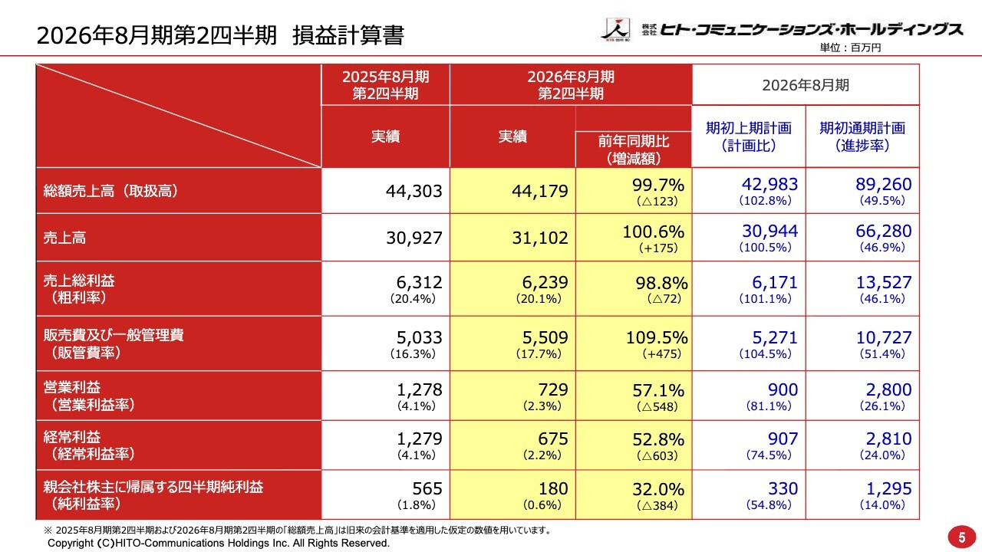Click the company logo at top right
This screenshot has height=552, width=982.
tap(781, 29)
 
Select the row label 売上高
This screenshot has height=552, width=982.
tap(65, 238)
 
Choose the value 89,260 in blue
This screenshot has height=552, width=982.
tap(883, 184)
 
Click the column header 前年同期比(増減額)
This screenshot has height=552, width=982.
tap(634, 149)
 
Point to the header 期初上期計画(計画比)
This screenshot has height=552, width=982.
tap(748, 136)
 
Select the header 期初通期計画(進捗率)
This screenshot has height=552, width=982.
tap(862, 136)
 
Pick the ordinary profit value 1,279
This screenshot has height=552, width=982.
tap(420, 439)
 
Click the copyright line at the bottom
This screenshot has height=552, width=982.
tap(219, 543)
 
